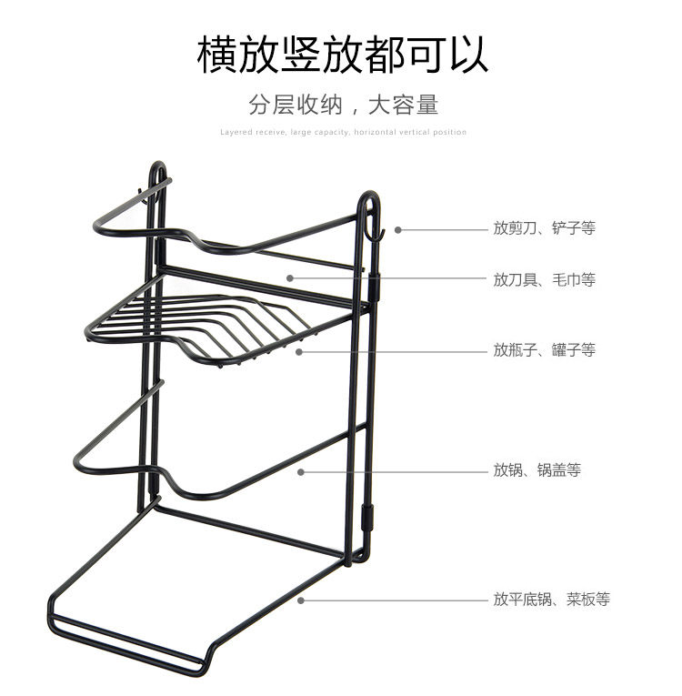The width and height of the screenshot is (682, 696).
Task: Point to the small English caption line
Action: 343,132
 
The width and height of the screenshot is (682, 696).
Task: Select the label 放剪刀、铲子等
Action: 544,228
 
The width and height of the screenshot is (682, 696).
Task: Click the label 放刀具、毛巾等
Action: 544,279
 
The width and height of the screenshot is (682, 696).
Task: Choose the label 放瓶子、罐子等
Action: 544,349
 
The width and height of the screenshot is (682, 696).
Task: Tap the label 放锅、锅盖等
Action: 537,470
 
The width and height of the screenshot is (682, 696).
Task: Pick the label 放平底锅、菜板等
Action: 551,600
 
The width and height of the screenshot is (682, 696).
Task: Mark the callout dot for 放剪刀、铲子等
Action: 397,229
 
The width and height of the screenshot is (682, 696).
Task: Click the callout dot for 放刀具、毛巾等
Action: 289,278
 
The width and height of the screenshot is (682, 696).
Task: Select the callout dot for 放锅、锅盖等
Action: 301,471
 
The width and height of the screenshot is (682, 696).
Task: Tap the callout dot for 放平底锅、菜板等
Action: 301,600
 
